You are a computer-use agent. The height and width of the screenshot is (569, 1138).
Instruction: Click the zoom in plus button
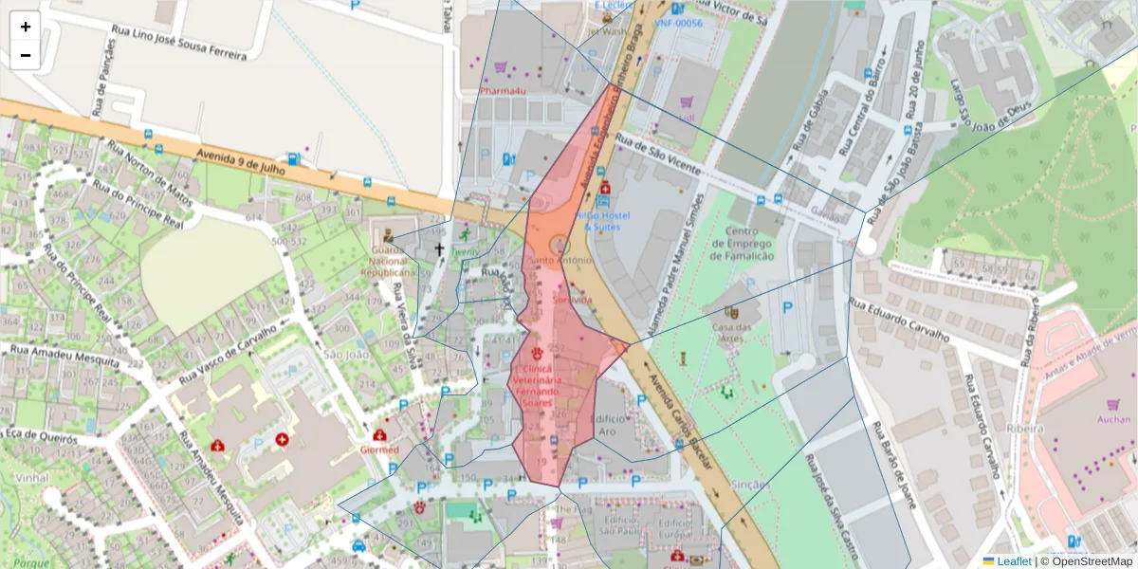click(x=26, y=27)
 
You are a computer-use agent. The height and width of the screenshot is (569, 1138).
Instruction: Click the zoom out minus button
click(x=26, y=55)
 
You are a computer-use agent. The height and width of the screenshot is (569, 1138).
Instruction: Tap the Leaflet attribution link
click(x=1014, y=561)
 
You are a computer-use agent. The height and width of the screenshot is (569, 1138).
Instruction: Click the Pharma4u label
click(x=502, y=91)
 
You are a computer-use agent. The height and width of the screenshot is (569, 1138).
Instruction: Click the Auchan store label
click(x=1113, y=419)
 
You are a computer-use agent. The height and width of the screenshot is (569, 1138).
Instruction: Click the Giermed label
click(x=379, y=450)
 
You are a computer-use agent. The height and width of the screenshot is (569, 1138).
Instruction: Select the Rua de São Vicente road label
click(x=657, y=154)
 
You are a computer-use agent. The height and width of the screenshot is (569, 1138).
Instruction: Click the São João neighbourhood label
click(x=345, y=355)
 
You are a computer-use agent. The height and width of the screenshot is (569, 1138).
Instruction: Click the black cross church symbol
click(x=438, y=250)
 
